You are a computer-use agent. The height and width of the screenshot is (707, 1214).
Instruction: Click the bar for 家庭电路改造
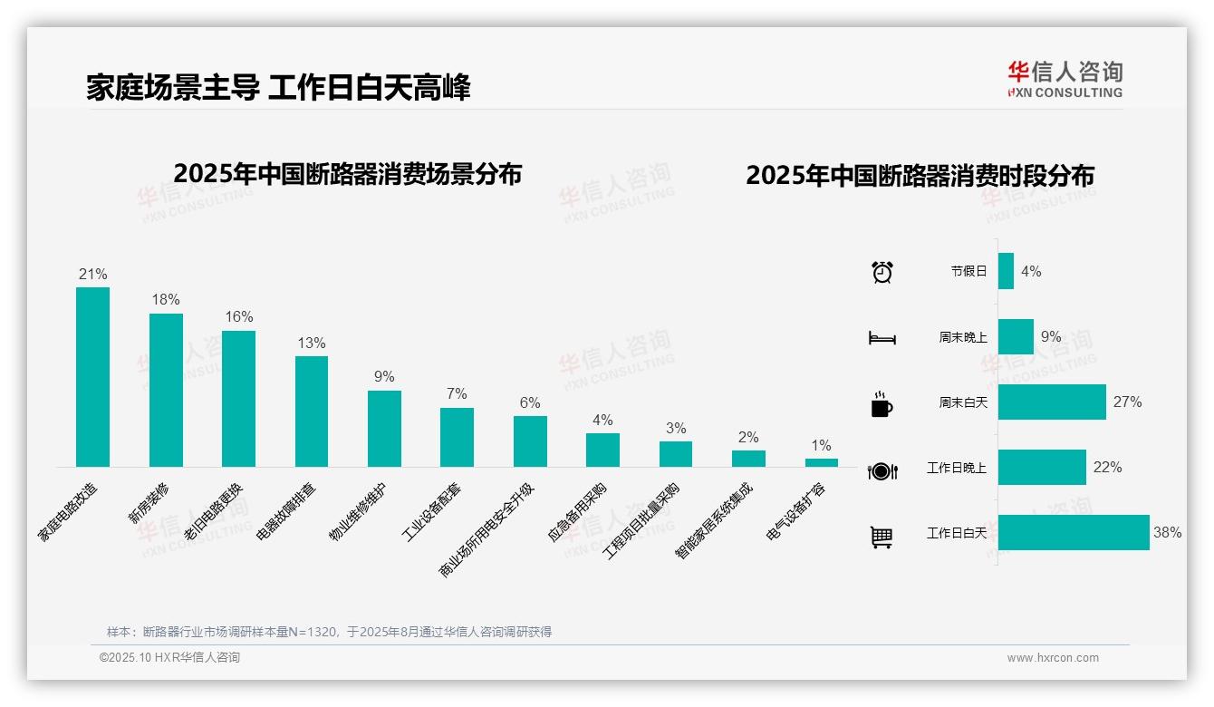click(92, 377)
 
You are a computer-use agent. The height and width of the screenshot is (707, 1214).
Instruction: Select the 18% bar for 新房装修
click(166, 390)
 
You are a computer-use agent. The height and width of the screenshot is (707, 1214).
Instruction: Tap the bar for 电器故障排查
click(312, 412)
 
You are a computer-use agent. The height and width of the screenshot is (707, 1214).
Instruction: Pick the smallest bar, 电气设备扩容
click(821, 462)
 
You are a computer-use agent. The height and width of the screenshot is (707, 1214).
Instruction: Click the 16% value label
click(239, 317)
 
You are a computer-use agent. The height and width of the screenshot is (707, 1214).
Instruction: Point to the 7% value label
click(457, 394)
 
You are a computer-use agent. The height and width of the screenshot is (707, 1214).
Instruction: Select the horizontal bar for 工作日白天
click(1074, 533)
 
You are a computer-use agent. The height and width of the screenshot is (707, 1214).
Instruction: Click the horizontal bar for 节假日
click(1006, 271)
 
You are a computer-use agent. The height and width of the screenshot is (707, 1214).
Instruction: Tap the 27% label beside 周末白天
click(1127, 402)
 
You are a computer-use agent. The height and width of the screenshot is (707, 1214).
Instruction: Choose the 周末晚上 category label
click(963, 337)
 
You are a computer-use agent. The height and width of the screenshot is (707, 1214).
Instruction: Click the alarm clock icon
click(882, 272)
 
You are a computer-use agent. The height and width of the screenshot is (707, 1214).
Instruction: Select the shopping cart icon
click(882, 537)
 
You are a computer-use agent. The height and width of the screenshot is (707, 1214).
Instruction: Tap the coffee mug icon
click(882, 404)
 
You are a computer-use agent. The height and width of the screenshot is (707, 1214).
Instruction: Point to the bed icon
click(882, 338)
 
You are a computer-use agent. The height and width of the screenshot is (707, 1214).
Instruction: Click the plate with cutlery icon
click(882, 470)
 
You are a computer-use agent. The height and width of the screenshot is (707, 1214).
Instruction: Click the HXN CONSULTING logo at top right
click(1065, 80)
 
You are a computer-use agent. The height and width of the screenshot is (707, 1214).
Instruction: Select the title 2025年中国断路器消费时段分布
click(920, 176)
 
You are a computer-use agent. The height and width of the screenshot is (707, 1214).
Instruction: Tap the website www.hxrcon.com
click(1053, 658)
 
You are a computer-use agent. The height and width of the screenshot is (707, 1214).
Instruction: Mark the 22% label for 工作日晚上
click(1107, 468)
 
